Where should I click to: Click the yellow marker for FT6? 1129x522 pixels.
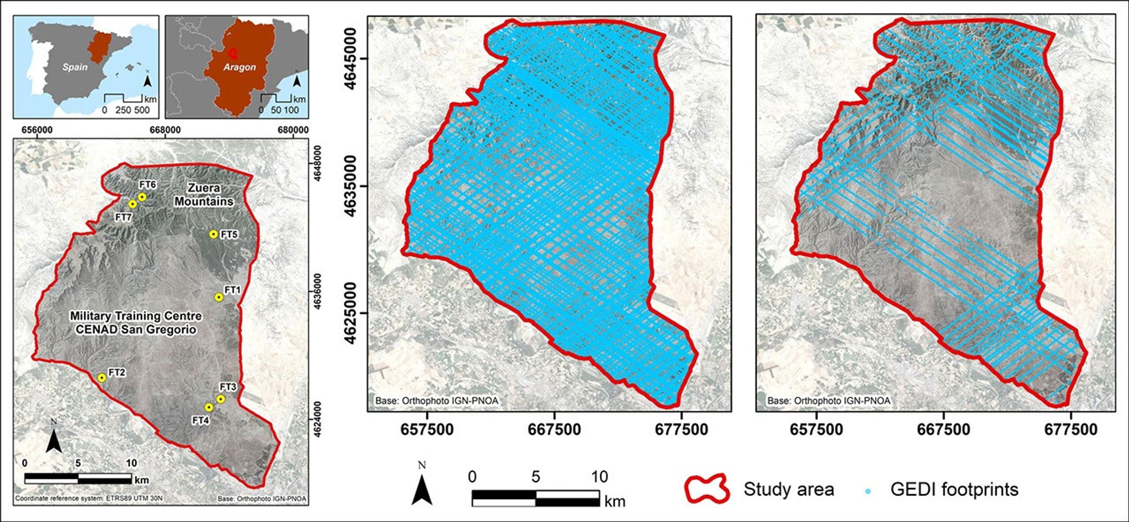pos(142,197)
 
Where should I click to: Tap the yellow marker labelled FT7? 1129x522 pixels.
pos(132,204)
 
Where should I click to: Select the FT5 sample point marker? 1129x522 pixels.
pos(213,234)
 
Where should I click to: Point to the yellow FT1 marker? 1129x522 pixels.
pos(218,297)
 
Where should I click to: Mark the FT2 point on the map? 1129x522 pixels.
pos(102,378)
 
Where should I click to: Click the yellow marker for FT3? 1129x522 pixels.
pos(221,399)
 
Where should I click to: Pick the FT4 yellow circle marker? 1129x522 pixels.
pos(209,406)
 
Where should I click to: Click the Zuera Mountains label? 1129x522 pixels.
pos(204,194)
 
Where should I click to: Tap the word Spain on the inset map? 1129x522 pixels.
pos(75,67)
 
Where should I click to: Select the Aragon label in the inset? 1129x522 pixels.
pos(239,67)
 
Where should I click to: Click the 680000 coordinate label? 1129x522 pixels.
pos(293,130)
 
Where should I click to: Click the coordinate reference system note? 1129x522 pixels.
pos(89,499)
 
